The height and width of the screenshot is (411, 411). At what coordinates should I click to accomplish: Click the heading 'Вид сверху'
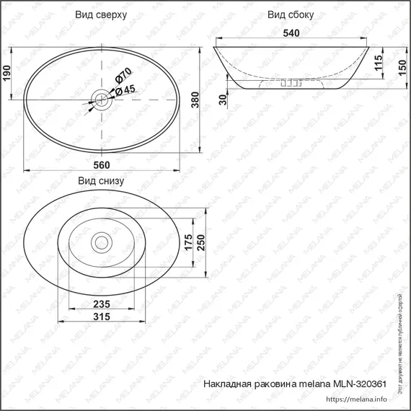(x=102, y=14)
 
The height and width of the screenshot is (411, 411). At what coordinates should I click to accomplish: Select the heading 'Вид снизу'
(x=102, y=181)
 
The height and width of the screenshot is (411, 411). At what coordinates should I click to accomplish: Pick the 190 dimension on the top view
(x=8, y=72)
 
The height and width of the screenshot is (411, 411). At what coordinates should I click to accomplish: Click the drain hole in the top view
(x=102, y=95)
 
